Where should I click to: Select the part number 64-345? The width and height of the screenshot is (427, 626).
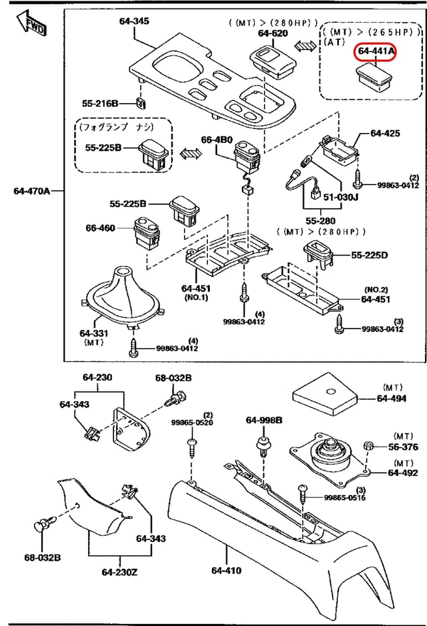tap(134, 21)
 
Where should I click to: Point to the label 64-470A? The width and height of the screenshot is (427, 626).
tap(31, 191)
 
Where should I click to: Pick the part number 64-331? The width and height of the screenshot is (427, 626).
tap(94, 333)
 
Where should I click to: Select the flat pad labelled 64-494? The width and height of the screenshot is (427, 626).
tap(325, 394)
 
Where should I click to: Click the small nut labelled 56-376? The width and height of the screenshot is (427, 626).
tap(368, 447)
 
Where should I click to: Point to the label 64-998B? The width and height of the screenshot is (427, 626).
tap(264, 420)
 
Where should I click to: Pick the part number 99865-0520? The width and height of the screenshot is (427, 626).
tap(193, 423)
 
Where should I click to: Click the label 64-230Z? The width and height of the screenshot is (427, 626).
tap(121, 573)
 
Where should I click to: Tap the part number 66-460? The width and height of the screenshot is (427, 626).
tap(100, 228)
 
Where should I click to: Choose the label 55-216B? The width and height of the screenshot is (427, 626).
tap(100, 103)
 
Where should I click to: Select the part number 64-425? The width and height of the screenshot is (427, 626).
tap(385, 133)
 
